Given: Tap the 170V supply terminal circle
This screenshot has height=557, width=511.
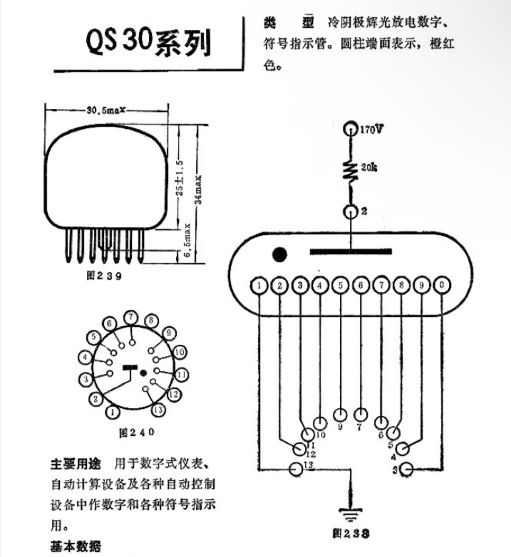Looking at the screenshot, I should pos(350,129).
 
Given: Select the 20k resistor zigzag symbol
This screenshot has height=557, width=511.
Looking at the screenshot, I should pos(350,171).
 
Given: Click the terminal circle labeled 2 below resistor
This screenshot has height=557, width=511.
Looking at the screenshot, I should pos(350,212).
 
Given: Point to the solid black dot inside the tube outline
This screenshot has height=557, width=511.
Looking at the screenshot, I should pos(280,254).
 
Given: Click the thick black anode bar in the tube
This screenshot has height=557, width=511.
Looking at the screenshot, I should pos(350,251).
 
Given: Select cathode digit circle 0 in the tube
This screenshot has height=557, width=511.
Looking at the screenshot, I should pos(443,286).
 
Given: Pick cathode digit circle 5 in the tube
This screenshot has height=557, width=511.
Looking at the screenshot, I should pos(341,286).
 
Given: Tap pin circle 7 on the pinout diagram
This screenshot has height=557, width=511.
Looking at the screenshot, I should pos(130,316).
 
